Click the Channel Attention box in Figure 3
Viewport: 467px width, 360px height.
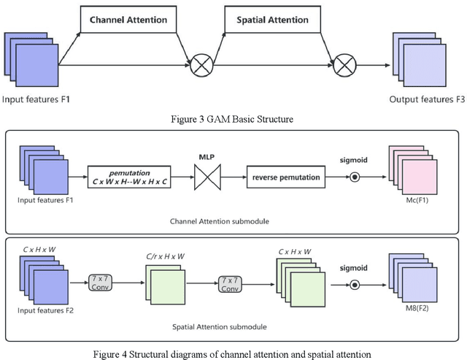coord(128,19)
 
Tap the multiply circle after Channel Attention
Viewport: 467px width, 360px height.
coord(201,67)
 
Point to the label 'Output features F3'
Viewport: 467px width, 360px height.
coord(427,99)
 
